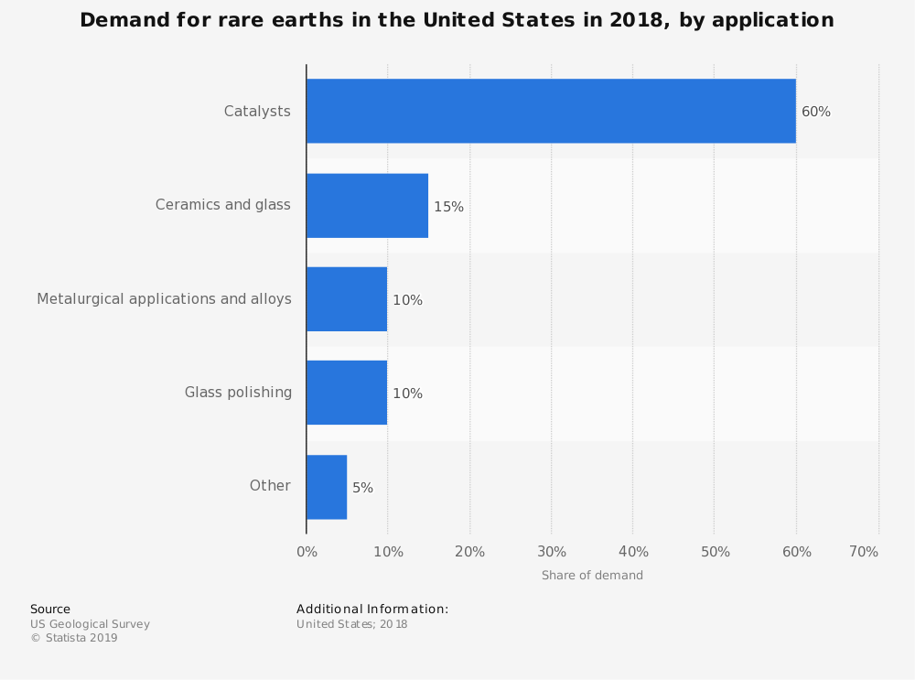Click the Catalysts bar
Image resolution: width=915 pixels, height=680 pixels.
pyautogui.click(x=551, y=111)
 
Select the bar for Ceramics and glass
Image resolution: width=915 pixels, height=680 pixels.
pyautogui.click(x=367, y=205)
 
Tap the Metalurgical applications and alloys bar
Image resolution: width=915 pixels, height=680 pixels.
pyautogui.click(x=347, y=299)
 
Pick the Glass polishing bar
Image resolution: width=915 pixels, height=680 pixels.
pyautogui.click(x=347, y=393)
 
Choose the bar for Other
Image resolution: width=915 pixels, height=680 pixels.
pyautogui.click(x=327, y=487)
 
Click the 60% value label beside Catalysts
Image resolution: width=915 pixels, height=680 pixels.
pyautogui.click(x=816, y=112)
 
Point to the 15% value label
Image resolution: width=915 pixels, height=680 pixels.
pyautogui.click(x=448, y=207)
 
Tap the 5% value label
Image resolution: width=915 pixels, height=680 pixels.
pyautogui.click(x=362, y=488)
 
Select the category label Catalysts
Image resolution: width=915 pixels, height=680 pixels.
pyautogui.click(x=257, y=112)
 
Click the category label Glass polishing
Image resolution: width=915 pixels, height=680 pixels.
pyautogui.click(x=238, y=393)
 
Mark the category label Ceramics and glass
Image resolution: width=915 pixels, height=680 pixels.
pyautogui.click(x=222, y=205)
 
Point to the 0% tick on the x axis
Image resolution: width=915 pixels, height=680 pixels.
pyautogui.click(x=307, y=552)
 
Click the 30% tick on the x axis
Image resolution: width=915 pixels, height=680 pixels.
pyautogui.click(x=552, y=552)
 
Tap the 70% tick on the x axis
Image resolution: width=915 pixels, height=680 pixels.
pyautogui.click(x=864, y=552)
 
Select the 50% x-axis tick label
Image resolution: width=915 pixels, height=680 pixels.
pyautogui.click(x=716, y=552)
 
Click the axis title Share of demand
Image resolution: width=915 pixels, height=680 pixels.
pyautogui.click(x=592, y=576)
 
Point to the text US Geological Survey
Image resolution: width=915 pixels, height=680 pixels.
pyautogui.click(x=90, y=624)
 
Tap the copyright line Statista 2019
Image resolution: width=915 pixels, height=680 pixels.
pyautogui.click(x=74, y=638)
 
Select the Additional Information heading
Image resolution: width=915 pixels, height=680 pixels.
pyautogui.click(x=372, y=609)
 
